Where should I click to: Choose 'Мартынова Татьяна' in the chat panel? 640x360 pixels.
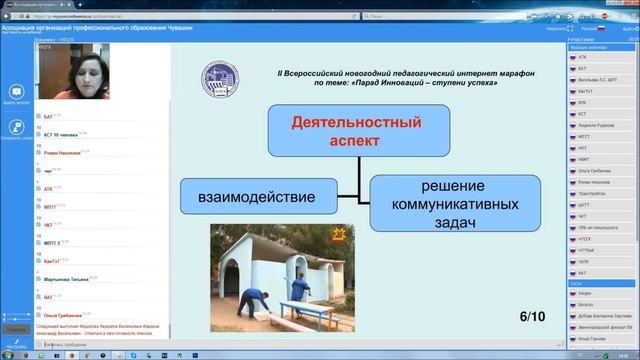[x=72, y=280]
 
